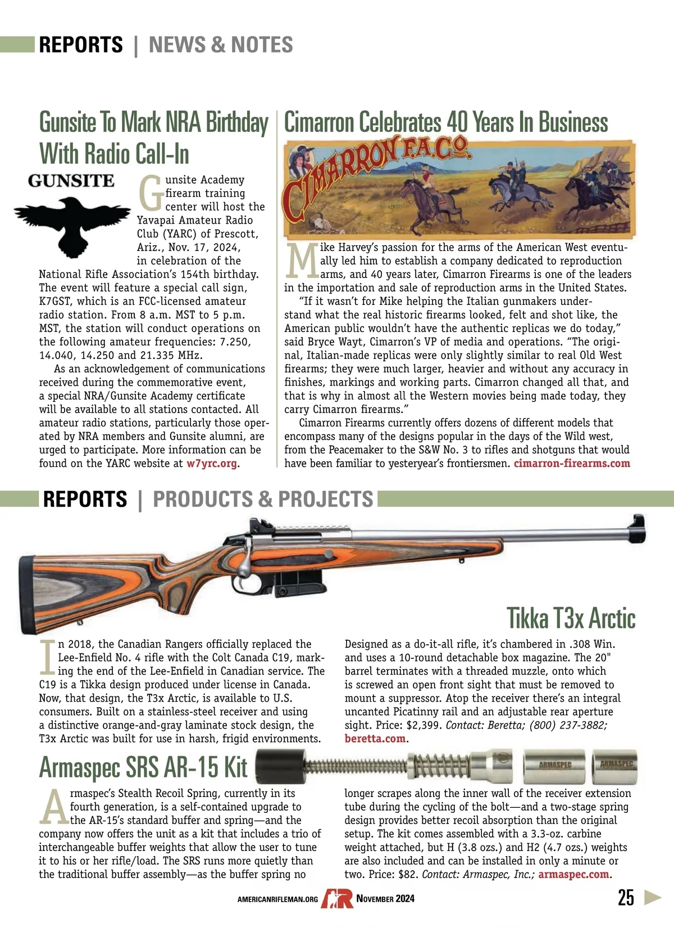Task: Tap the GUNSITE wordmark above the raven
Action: pos(71,181)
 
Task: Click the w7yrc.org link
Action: pos(211,463)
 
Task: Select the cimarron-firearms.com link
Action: pos(572,463)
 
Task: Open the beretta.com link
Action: pos(375,739)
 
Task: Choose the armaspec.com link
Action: pos(573,875)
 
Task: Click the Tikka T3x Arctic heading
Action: pos(571,618)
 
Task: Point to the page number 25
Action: pos(625,898)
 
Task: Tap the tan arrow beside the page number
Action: pos(652,897)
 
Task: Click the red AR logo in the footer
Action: pos(336,898)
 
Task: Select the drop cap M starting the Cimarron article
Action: pos(302,262)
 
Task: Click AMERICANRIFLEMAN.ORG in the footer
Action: pos(277,899)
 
